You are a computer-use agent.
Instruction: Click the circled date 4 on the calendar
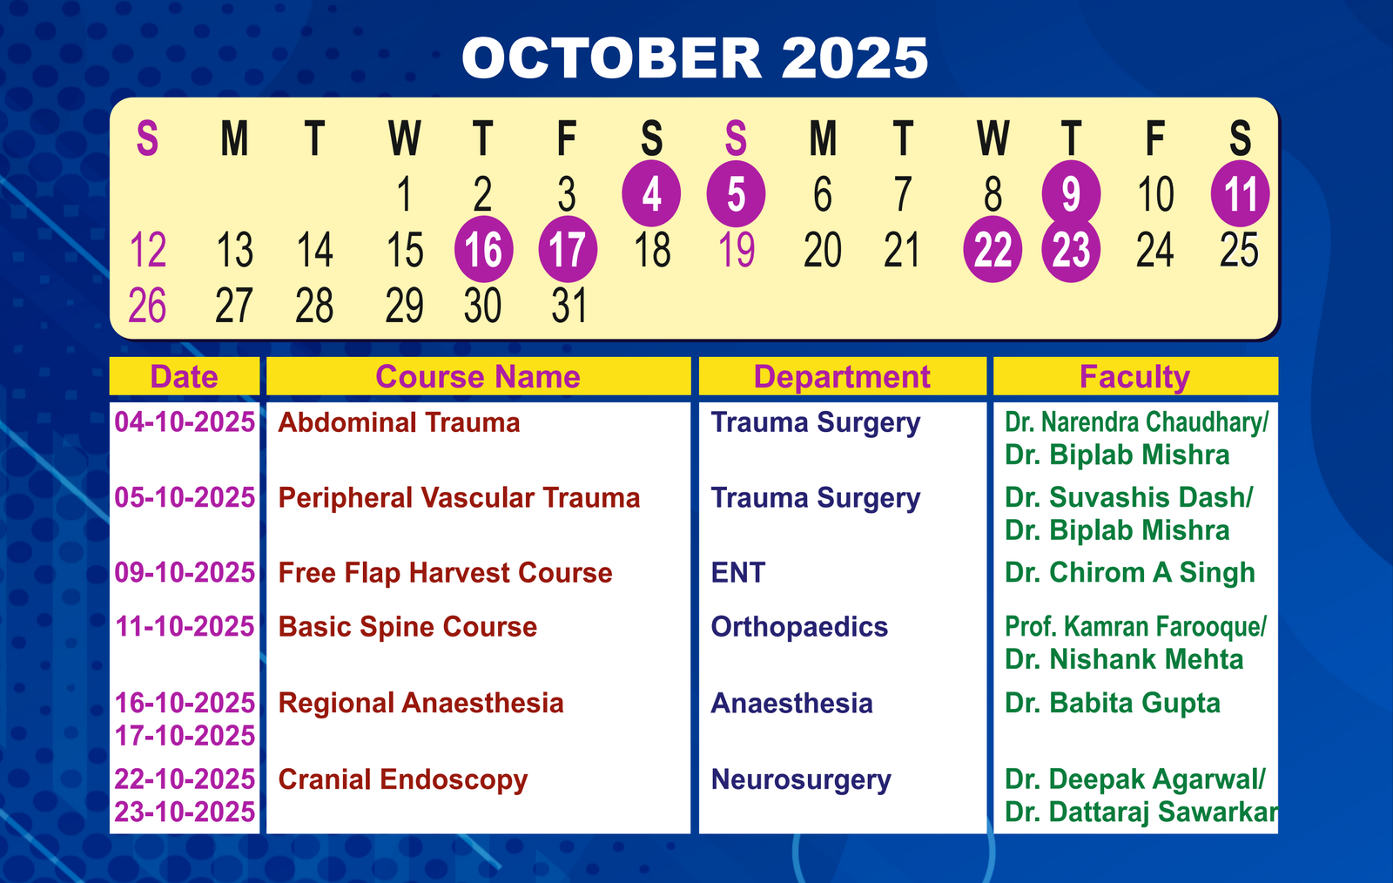coord(651,193)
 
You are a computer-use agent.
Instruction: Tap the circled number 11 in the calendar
coord(1240,193)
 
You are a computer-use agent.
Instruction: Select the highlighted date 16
coord(484,249)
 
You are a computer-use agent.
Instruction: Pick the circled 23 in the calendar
coord(1071,249)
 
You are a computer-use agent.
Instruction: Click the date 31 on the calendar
coord(569,306)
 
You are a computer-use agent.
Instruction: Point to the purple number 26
coord(147,306)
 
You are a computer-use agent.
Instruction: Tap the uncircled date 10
coord(1155,194)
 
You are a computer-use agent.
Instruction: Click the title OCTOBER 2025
coord(695,57)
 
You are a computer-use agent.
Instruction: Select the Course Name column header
coord(478,377)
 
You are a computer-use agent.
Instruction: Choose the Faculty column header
coord(1135,377)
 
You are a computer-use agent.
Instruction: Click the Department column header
coord(842,377)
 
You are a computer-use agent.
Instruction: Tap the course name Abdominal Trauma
coord(399,423)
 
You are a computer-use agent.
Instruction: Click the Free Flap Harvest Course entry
coord(445,573)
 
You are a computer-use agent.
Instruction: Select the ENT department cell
coord(737,573)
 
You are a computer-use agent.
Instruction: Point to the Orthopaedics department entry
coord(799,627)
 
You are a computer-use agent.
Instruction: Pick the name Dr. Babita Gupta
coord(1113,704)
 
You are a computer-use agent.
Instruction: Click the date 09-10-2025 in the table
coord(185,573)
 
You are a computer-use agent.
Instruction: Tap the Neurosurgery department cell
coord(801,779)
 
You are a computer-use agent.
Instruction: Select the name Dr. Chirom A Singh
coord(1130,573)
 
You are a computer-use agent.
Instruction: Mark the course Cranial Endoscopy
coord(403,779)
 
